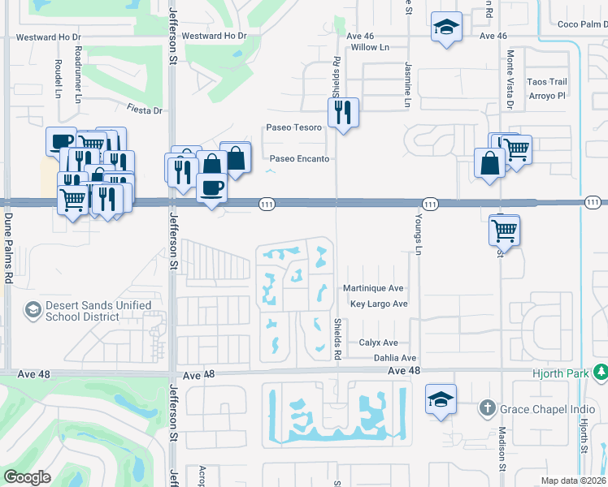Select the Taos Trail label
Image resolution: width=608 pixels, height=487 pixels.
click(546, 82)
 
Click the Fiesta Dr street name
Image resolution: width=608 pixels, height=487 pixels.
click(144, 110)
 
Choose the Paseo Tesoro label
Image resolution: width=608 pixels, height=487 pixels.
click(294, 127)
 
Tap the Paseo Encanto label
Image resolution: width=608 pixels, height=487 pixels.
click(299, 159)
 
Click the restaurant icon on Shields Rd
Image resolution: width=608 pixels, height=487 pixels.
click(344, 112)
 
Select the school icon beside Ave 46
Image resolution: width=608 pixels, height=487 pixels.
click(446, 27)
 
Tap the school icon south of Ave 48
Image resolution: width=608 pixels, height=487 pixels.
click(441, 399)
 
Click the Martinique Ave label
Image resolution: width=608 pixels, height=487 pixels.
click(373, 288)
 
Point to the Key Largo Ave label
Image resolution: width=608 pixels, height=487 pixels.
click(379, 304)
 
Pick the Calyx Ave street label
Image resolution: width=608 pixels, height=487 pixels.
click(378, 343)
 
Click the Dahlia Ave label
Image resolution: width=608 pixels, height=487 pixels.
click(394, 358)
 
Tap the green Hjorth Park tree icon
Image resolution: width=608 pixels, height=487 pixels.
click(601, 372)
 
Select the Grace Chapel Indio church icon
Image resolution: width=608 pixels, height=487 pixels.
click(487, 407)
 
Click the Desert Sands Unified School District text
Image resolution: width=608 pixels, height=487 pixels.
click(88, 311)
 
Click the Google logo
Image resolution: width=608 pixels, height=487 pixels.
click(27, 477)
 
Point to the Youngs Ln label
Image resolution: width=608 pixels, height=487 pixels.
click(419, 235)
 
